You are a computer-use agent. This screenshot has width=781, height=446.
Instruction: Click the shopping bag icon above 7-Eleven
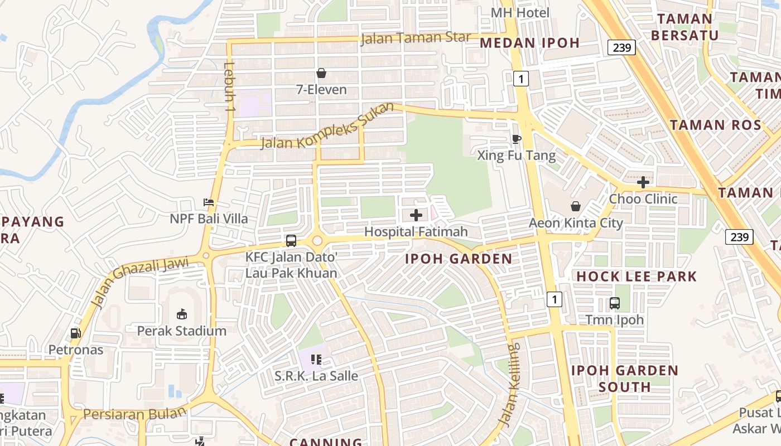(x=321, y=73)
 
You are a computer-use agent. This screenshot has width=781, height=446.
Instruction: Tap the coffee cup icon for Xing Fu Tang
(x=517, y=139)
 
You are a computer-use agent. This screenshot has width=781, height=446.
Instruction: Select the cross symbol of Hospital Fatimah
(x=416, y=215)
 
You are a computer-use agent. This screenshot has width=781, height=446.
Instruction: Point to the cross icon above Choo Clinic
(x=643, y=182)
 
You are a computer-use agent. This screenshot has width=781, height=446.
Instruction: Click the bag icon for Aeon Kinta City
(x=576, y=206)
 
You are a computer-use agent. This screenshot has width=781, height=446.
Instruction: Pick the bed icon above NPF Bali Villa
(x=209, y=202)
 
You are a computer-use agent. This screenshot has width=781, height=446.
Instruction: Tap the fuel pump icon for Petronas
(x=75, y=333)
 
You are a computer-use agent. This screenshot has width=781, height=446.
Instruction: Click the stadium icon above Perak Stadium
(x=182, y=314)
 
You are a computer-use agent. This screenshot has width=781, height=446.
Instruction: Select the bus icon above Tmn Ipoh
(x=614, y=303)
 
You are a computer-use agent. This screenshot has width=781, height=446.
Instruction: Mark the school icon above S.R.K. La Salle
(x=316, y=360)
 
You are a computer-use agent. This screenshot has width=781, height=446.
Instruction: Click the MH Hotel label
(x=520, y=12)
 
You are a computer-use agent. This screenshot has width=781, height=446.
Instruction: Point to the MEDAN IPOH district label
(x=529, y=43)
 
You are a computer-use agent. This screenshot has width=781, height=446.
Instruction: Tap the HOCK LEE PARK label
(x=637, y=277)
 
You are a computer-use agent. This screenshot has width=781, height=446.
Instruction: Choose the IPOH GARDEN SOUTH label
(x=625, y=379)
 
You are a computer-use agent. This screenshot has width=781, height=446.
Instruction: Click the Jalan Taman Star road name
(x=416, y=38)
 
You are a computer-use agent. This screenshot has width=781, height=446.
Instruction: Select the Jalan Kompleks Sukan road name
(x=328, y=126)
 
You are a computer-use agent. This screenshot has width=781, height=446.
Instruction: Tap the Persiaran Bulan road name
(x=134, y=414)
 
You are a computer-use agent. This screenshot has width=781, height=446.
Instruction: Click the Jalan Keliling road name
(x=511, y=385)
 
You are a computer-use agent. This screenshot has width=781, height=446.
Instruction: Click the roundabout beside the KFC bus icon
(x=317, y=241)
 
